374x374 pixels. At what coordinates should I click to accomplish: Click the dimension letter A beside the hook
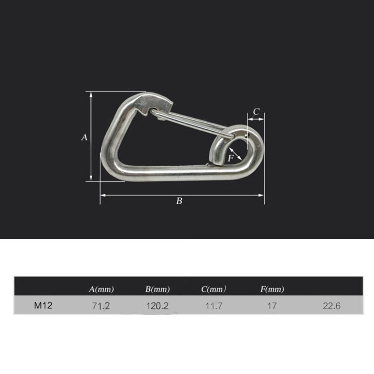click(84, 138)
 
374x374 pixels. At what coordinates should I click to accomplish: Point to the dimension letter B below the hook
click(179, 201)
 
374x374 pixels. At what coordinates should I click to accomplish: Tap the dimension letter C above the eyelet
click(256, 111)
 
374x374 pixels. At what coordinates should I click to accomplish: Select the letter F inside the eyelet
click(231, 158)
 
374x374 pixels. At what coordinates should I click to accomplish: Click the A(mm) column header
click(101, 289)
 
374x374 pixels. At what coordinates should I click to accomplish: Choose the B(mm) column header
click(157, 289)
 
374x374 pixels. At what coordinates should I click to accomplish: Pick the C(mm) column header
click(214, 289)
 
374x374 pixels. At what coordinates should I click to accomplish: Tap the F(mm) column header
click(272, 289)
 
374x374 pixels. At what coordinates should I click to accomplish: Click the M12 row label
click(43, 306)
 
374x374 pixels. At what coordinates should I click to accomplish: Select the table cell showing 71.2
click(101, 306)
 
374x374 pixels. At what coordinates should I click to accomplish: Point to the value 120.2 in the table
click(157, 306)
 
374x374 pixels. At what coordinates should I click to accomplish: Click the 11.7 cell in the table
click(214, 306)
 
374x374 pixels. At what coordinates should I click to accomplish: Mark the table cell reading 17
click(272, 306)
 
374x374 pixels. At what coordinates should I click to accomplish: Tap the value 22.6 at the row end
click(331, 306)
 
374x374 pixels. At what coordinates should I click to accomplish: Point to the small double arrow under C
click(256, 119)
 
